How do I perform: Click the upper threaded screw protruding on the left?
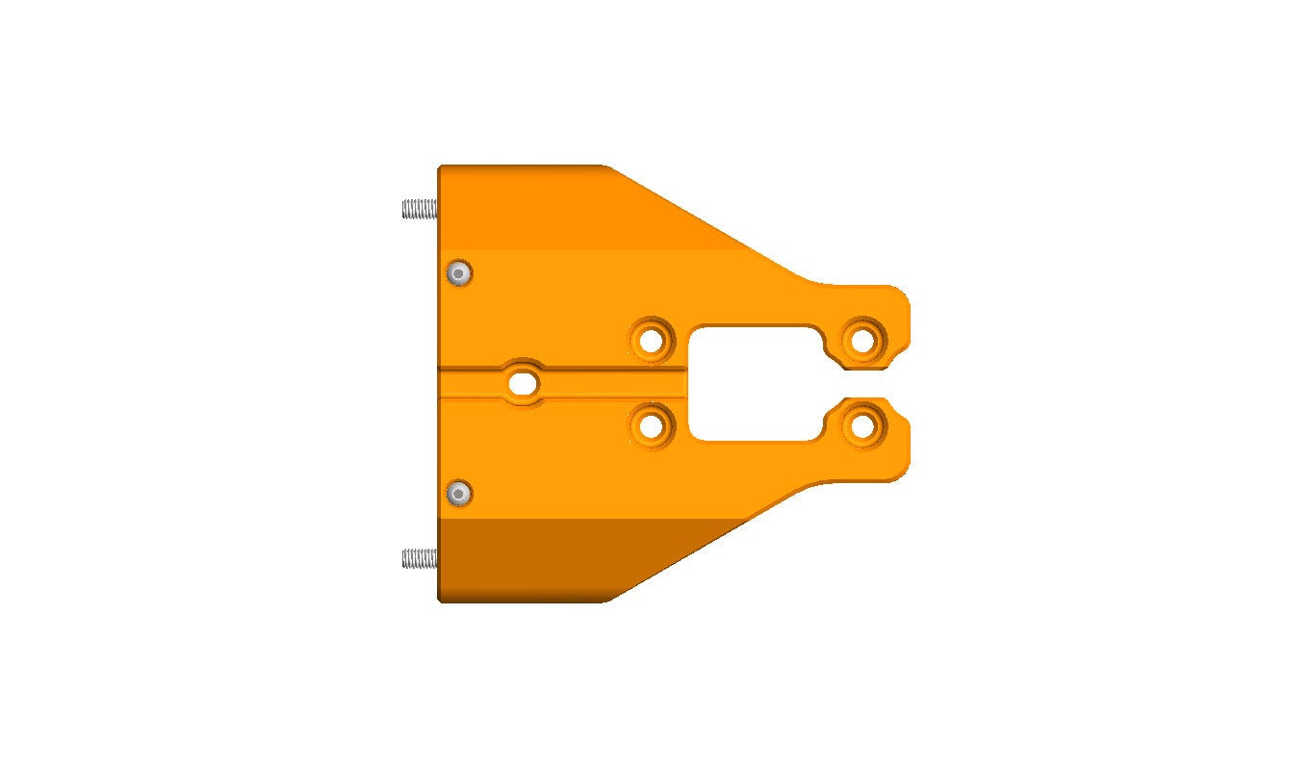[x=419, y=208]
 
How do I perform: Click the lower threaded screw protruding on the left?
[x=419, y=558]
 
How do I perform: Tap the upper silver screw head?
[x=460, y=274]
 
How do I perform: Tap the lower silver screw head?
[x=460, y=495]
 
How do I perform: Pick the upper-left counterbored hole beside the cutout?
[x=652, y=340]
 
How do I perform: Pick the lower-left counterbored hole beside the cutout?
[x=652, y=424]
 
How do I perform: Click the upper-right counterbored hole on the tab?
[x=862, y=340]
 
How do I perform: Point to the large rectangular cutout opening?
[x=756, y=383]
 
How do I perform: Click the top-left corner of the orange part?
[x=440, y=168]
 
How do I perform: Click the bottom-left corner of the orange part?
[x=440, y=600]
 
